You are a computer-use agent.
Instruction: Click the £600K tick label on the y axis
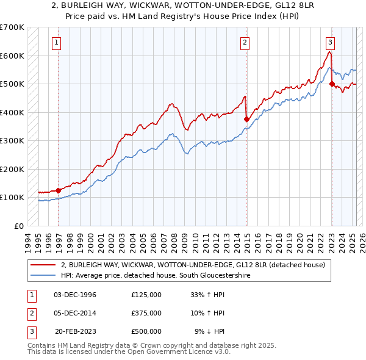coord(12,56)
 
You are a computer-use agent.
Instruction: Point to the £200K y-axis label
coord(12,169)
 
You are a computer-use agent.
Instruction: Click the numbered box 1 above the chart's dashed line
coord(56,43)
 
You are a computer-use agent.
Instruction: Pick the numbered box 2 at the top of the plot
coord(244,43)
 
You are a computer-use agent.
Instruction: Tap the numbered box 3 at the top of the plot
coord(330,43)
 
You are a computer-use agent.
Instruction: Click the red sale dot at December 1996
coord(59,190)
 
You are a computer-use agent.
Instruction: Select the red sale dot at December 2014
coord(246,120)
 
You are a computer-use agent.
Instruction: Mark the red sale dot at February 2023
coord(332,84)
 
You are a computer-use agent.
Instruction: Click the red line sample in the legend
coord(43,265)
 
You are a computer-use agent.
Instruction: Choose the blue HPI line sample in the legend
coord(43,275)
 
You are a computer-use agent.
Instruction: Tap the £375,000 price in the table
coord(146,313)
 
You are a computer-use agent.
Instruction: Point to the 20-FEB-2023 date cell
coord(75,331)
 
